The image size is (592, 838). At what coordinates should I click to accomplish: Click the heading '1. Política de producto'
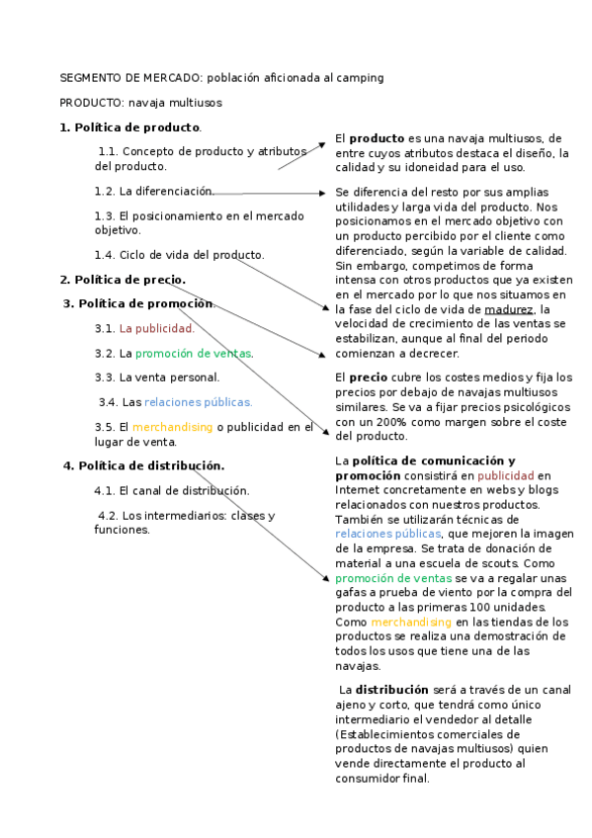(x=129, y=127)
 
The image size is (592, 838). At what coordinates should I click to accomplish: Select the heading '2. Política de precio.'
(x=123, y=280)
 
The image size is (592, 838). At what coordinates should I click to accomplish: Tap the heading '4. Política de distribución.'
(x=143, y=465)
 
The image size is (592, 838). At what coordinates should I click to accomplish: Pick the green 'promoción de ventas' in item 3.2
(x=194, y=353)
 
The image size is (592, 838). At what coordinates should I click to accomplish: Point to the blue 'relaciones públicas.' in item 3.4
(x=198, y=402)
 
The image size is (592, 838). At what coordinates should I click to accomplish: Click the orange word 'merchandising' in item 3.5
(x=172, y=427)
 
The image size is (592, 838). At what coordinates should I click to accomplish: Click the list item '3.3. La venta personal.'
(x=157, y=377)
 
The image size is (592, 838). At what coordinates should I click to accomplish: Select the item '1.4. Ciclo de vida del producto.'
(x=180, y=255)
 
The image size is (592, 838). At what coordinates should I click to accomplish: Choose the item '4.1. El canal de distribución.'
(x=172, y=490)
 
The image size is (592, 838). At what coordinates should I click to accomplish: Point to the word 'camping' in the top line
(x=360, y=77)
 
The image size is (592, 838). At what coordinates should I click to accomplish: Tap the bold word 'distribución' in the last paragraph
(x=392, y=690)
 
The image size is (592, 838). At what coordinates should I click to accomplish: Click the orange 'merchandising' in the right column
(x=410, y=623)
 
